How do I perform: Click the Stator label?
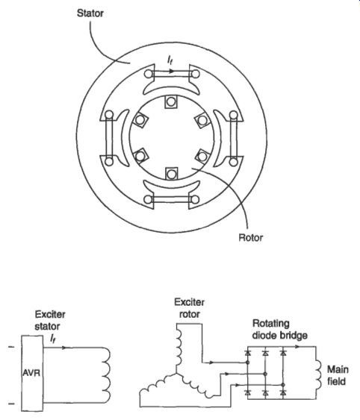point(90,13)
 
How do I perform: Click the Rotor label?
point(250,237)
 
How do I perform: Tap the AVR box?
point(32,373)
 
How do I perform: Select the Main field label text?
point(338,375)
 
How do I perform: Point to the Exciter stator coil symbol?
point(107,375)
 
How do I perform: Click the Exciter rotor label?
point(189,308)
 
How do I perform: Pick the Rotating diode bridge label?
point(280,330)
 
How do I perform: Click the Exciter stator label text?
point(50,320)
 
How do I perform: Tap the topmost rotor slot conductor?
point(171,101)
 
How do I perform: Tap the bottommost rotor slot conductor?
point(171,174)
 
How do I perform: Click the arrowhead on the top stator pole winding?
point(172,72)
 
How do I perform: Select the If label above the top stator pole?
point(170,60)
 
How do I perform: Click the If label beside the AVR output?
point(53,339)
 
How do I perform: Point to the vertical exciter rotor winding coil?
point(179,348)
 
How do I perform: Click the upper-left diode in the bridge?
point(247,353)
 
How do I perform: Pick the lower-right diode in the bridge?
point(283,392)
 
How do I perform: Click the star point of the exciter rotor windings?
point(176,373)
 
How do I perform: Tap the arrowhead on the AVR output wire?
point(64,348)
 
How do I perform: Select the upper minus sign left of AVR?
point(11,347)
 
